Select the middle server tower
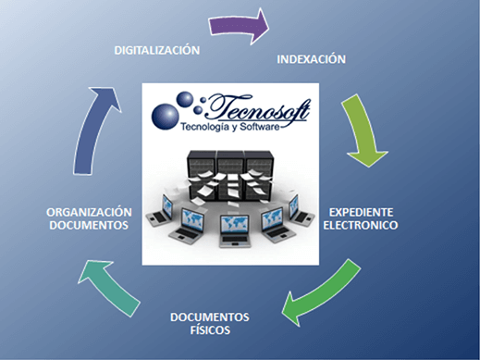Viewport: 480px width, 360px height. (229, 168)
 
